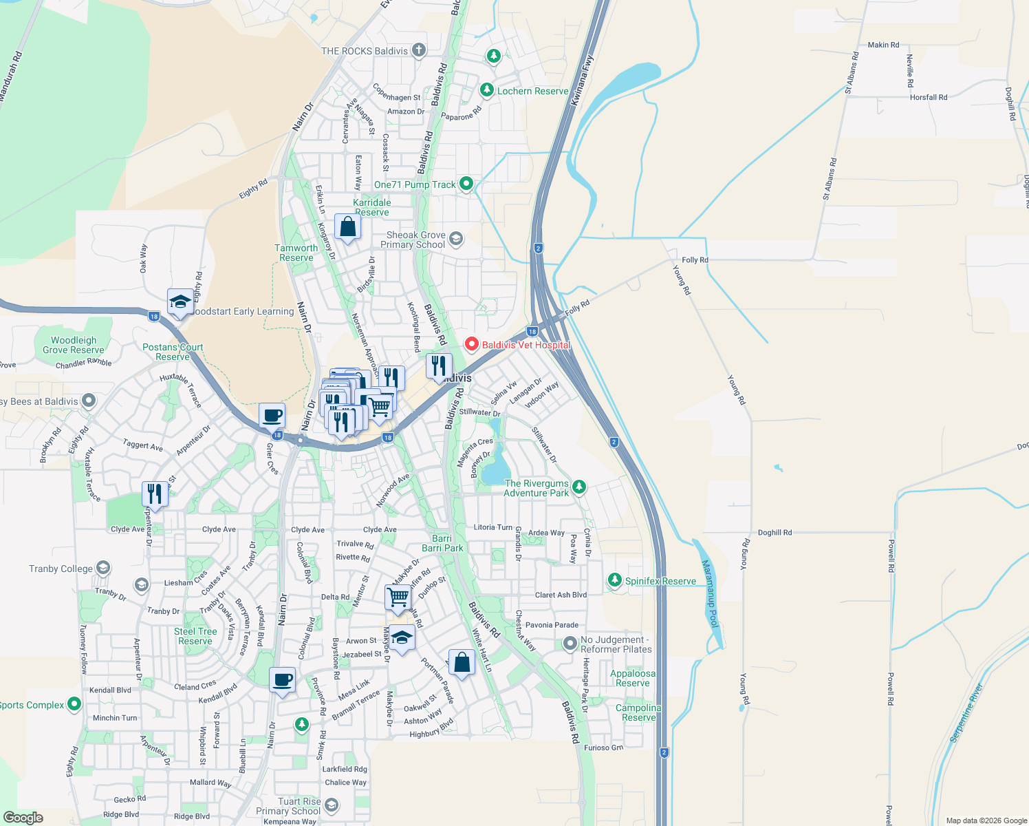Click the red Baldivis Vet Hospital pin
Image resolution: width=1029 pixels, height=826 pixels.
(x=472, y=344)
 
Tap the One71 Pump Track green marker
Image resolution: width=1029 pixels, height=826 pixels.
(x=466, y=184)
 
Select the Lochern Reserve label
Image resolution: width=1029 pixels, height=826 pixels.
(x=532, y=91)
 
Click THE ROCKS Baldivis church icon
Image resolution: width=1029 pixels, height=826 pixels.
(x=418, y=50)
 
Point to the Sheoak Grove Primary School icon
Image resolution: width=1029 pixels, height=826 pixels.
(x=455, y=239)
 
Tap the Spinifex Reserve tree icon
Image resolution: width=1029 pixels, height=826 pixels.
(x=614, y=581)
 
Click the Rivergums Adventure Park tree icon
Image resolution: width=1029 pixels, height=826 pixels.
(x=579, y=487)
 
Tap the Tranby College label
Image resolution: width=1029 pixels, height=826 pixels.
(x=61, y=569)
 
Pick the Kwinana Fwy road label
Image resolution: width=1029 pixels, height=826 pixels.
(x=581, y=81)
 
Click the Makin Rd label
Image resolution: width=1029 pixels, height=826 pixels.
(x=883, y=45)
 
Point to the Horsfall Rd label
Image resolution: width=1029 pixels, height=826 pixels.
(x=928, y=97)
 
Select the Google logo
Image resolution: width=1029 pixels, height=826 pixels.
(x=23, y=817)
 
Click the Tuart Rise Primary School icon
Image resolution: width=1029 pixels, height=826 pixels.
(x=332, y=805)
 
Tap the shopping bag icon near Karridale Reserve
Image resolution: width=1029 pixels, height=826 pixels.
(x=347, y=226)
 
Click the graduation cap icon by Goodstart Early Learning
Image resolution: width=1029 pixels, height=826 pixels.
(x=180, y=301)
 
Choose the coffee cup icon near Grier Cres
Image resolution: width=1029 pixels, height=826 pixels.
(x=272, y=416)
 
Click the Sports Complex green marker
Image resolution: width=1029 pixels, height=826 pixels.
(x=74, y=705)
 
